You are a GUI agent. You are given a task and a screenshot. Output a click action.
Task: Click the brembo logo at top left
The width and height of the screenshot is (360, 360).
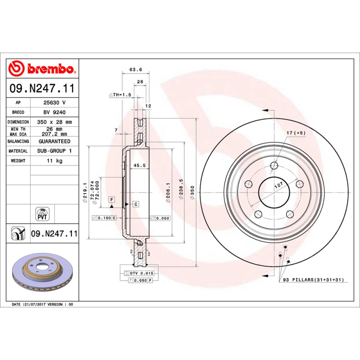coord(41,69)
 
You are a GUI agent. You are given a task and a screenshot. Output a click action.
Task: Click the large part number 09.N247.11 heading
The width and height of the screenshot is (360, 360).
coord(42,89)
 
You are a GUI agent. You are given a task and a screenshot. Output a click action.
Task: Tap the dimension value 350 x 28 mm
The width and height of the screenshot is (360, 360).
coord(54,122)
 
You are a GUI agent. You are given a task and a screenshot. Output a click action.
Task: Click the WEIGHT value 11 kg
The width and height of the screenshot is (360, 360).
coord(54,161)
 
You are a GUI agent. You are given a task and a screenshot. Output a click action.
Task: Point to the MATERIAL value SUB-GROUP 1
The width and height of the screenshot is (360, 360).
coord(54,151)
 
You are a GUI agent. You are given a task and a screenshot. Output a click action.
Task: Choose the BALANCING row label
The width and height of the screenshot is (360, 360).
coord(18,141)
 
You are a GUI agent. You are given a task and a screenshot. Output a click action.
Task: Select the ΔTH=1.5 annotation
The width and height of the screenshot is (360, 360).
coord(120,95)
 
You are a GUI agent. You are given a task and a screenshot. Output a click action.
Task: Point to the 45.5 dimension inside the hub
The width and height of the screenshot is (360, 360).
coord(139,166)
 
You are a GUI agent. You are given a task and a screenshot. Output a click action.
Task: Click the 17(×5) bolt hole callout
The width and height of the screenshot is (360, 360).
coord(296,133)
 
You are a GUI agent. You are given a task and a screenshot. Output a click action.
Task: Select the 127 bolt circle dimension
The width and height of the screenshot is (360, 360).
coord(278,185)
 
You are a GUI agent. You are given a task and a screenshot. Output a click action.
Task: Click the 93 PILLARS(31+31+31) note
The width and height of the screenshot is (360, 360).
coord(313,279)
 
